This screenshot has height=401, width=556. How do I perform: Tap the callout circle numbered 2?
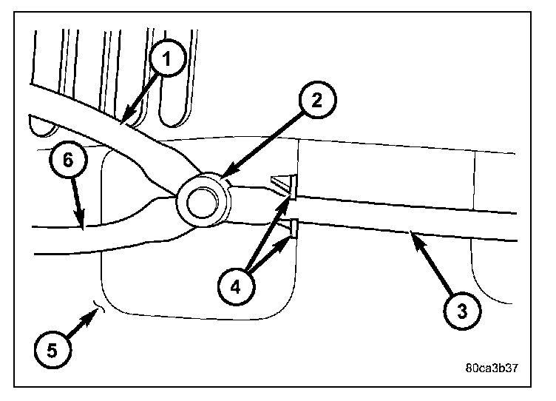[x=316, y=101]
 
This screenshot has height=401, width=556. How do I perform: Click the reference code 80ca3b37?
[x=492, y=367]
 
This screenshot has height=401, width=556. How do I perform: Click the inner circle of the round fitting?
[x=200, y=200]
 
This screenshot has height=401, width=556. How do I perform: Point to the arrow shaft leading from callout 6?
[x=75, y=197]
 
